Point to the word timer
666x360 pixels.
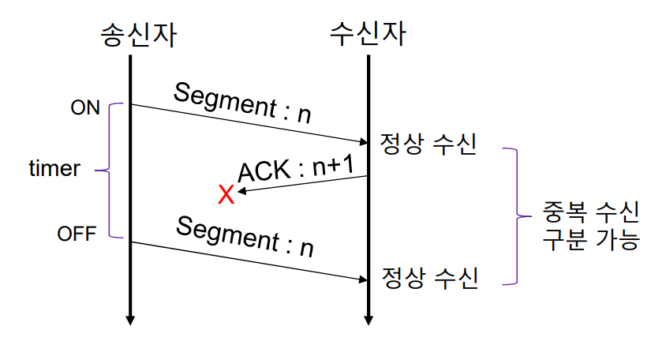[54, 168]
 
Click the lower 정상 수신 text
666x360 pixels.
[430, 278]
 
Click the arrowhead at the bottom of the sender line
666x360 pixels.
[130, 321]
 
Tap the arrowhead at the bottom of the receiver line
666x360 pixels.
[369, 321]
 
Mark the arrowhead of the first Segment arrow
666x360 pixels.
[364, 143]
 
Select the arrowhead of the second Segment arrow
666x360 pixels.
[364, 279]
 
